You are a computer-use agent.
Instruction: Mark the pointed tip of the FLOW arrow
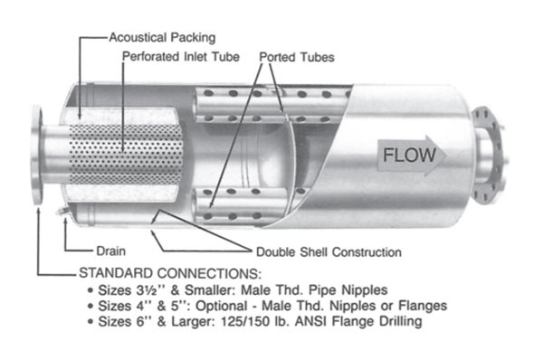click(444, 155)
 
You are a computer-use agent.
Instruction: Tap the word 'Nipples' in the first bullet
click(356, 289)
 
